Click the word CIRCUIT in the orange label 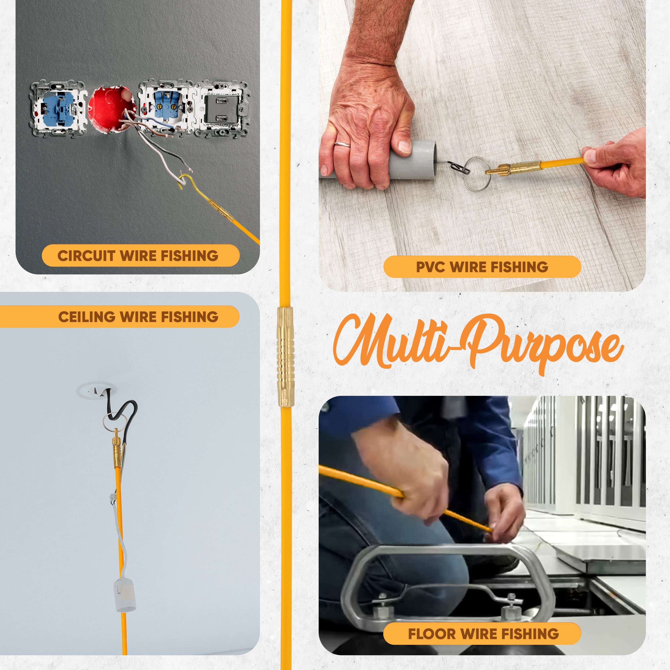[x=86, y=256]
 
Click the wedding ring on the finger [x=342, y=144]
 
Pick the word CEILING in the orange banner [x=87, y=317]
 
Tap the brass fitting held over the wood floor [x=513, y=167]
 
